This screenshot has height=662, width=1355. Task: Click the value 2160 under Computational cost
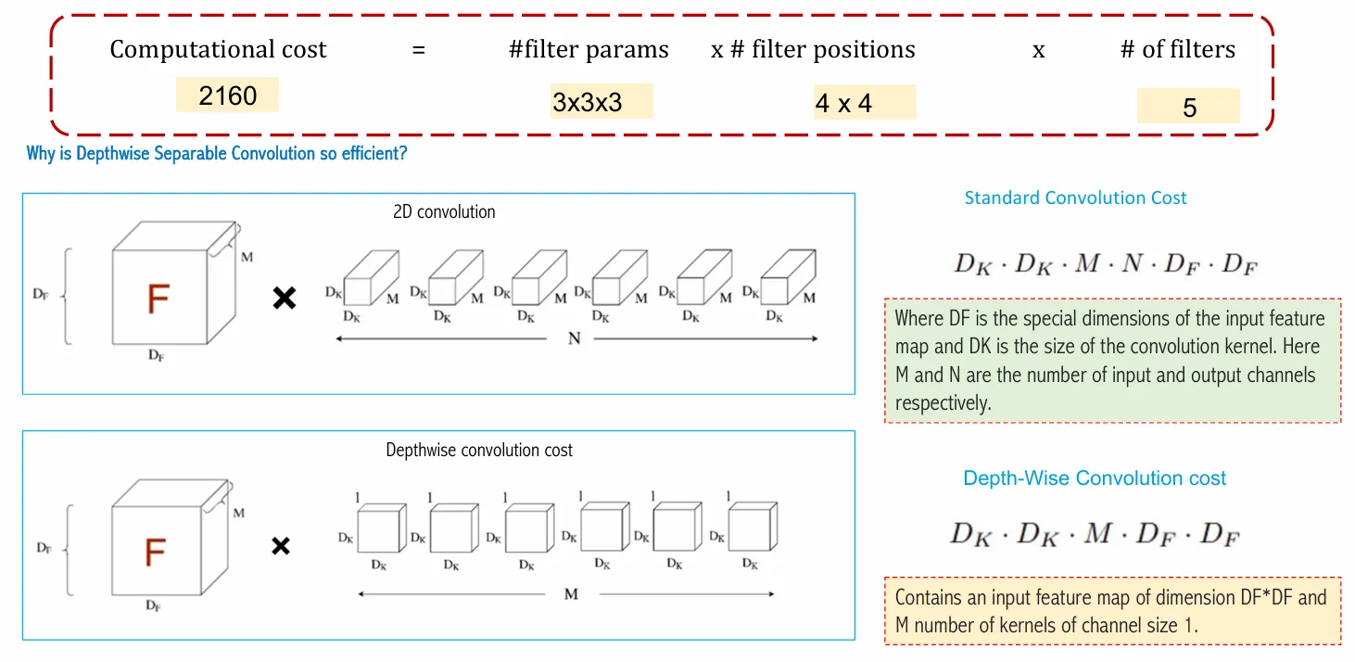(x=227, y=95)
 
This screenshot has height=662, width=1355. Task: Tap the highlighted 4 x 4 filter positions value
(x=843, y=103)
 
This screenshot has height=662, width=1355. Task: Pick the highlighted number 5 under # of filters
(x=1189, y=108)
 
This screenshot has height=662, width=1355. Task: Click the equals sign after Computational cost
(x=418, y=50)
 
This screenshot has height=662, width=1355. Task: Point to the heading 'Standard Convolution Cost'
(x=1075, y=197)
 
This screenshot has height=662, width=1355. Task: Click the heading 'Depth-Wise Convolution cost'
(x=1095, y=478)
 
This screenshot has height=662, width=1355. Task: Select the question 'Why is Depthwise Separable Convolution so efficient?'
(x=217, y=154)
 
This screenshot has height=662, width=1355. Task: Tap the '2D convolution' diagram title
(x=444, y=211)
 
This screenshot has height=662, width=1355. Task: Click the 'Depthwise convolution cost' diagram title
(x=479, y=451)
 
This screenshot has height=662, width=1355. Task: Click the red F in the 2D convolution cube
(x=158, y=299)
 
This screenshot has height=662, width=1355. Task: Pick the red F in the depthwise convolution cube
(x=155, y=553)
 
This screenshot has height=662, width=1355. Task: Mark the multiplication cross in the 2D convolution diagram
(x=284, y=299)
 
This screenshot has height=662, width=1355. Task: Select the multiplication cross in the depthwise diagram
(x=280, y=546)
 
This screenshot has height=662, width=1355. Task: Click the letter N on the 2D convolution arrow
(x=575, y=338)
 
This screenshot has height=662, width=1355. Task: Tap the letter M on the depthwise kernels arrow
(x=571, y=593)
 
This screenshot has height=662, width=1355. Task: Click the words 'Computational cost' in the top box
(x=218, y=50)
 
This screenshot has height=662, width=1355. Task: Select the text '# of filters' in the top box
(x=1177, y=50)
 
